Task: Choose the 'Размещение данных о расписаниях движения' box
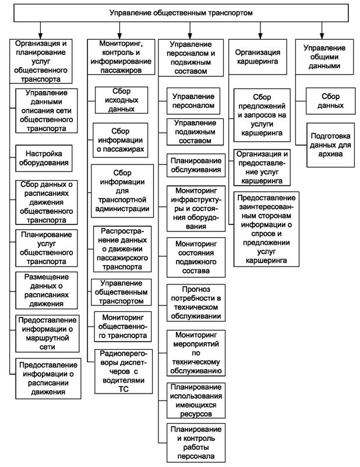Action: click(47, 290)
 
